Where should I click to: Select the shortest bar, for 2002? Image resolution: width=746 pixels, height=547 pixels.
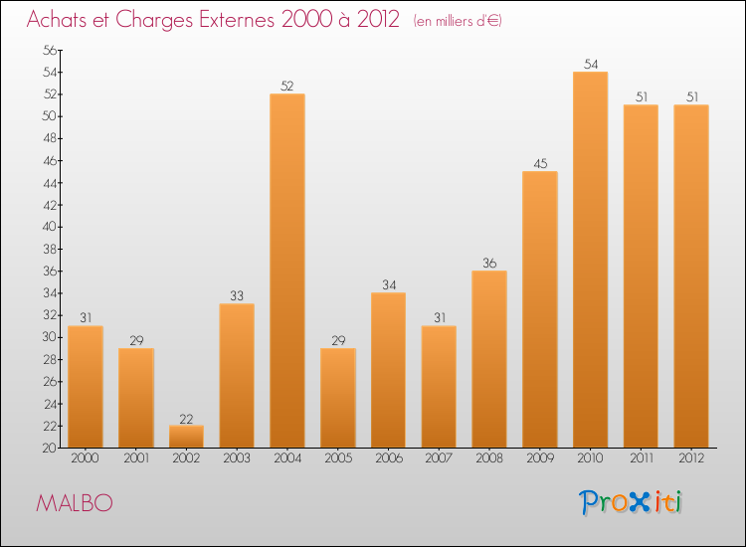(186, 437)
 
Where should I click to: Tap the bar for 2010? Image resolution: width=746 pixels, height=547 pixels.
(590, 260)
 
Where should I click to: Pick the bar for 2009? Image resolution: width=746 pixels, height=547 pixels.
(540, 309)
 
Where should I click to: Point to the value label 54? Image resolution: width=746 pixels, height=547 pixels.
(590, 65)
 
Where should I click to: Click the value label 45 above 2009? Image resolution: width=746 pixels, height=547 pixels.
(540, 164)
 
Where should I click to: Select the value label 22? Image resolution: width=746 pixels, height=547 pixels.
(186, 419)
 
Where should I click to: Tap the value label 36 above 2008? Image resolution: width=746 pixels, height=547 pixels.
(489, 264)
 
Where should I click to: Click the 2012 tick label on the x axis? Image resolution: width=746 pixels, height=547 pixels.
(690, 459)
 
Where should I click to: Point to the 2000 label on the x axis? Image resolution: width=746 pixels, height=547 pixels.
(86, 459)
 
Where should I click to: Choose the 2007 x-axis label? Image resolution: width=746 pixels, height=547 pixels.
(439, 459)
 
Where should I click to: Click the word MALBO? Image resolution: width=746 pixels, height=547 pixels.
(74, 503)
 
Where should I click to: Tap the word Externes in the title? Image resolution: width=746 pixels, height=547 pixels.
(227, 21)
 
